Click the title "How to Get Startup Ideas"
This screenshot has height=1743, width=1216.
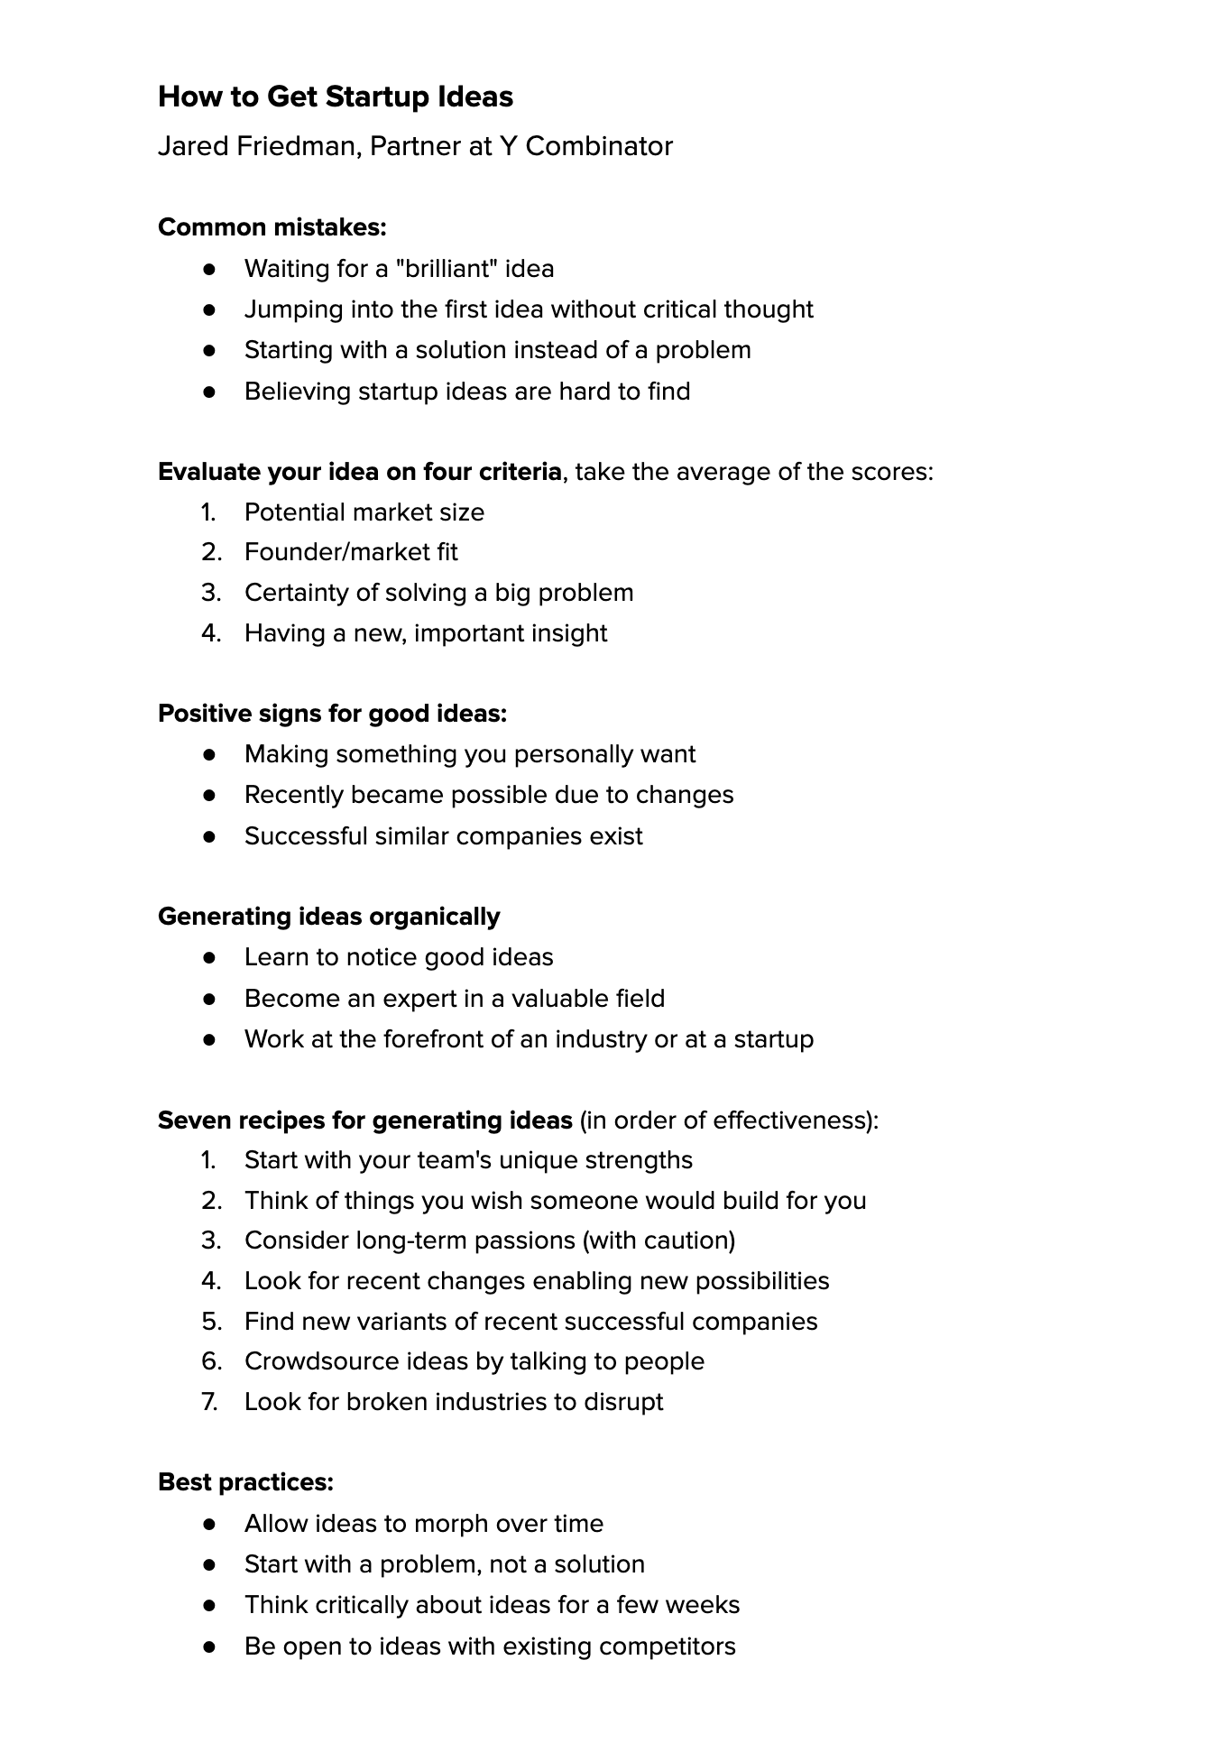point(335,97)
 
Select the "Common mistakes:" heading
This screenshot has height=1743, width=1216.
point(272,227)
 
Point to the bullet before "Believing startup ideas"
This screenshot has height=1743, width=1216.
point(209,392)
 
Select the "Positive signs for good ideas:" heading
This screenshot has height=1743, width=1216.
point(332,714)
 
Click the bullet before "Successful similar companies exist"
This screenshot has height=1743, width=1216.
point(209,836)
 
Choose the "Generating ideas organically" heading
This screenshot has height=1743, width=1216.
point(328,917)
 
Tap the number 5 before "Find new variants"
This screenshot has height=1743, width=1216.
point(211,1322)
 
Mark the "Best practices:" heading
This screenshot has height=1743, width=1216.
point(245,1482)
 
